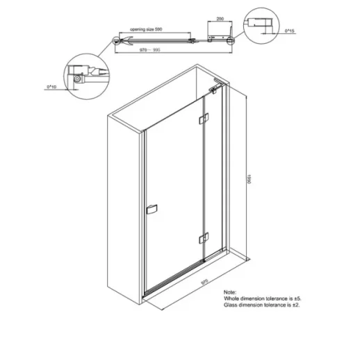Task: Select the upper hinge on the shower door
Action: click(x=202, y=121)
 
